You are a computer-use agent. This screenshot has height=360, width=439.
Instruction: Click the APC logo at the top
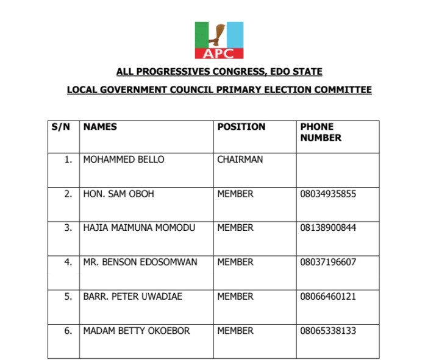click(x=219, y=41)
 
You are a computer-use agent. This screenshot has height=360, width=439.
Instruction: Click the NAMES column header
click(x=100, y=127)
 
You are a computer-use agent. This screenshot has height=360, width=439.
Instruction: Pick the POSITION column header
click(x=241, y=127)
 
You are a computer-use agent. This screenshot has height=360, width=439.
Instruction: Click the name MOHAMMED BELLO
click(x=123, y=160)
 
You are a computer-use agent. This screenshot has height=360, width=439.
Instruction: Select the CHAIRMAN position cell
click(x=240, y=160)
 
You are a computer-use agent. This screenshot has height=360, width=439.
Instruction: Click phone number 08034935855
click(x=328, y=194)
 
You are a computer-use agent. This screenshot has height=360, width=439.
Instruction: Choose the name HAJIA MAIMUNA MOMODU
click(x=139, y=228)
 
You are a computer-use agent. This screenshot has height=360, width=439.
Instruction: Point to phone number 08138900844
click(x=328, y=228)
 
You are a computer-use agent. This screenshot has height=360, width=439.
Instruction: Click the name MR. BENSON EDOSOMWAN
click(x=141, y=262)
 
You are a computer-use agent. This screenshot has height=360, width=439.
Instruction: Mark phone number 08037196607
click(x=328, y=262)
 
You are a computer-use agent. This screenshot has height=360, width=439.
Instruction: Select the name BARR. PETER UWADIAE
click(x=132, y=297)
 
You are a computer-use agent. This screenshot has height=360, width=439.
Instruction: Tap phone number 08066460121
click(x=328, y=297)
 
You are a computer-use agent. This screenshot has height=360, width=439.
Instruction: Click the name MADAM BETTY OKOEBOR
click(x=136, y=331)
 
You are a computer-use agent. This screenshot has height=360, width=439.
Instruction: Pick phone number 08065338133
click(x=328, y=331)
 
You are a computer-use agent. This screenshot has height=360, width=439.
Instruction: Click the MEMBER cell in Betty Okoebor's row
click(x=235, y=331)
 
